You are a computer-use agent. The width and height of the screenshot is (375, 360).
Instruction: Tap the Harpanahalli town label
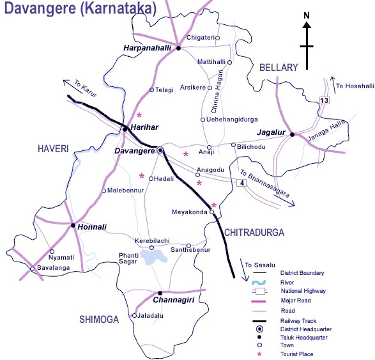[146, 48]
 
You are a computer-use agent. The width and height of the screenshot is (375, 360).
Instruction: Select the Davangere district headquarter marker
[160, 151]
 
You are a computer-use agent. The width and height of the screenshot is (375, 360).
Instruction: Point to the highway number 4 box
[241, 184]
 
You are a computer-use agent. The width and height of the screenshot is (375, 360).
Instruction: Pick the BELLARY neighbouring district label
[279, 68]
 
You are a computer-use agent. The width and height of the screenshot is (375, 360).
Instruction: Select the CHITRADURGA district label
[253, 232]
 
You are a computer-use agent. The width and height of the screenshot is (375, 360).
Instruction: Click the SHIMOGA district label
[99, 319]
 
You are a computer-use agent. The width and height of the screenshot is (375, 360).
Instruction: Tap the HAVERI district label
[53, 149]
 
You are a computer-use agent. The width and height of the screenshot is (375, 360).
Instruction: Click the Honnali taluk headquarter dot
[73, 226]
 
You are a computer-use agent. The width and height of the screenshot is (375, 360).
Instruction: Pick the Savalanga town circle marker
[32, 269]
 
